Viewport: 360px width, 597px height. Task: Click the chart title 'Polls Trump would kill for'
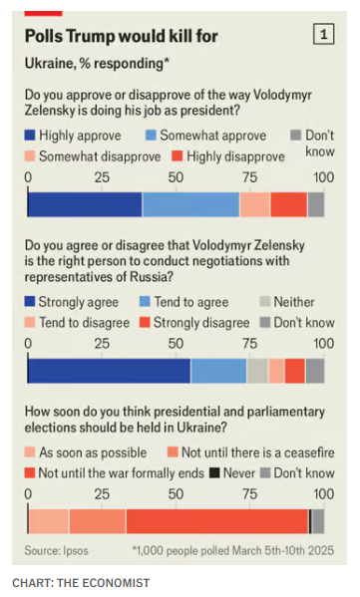(x=121, y=36)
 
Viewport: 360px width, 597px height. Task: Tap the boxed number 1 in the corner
(x=323, y=35)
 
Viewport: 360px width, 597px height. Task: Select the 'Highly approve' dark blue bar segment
(x=85, y=204)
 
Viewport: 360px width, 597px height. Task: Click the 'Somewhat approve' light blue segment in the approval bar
(x=190, y=204)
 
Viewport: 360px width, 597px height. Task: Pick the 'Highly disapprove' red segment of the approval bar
(x=289, y=204)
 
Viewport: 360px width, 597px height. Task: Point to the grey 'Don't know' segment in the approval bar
(x=316, y=204)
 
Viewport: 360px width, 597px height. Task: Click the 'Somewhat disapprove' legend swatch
(x=30, y=156)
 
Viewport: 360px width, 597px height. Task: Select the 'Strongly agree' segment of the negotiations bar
(x=109, y=371)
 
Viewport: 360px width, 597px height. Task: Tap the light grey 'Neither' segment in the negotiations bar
(x=257, y=371)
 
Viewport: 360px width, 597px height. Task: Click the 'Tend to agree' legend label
(x=191, y=302)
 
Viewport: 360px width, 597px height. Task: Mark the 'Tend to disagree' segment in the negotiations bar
(x=276, y=371)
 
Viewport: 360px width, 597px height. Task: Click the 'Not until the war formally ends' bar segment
(x=217, y=521)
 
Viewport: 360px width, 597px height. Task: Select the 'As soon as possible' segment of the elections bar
(x=48, y=521)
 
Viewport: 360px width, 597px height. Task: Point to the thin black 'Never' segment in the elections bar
(x=310, y=521)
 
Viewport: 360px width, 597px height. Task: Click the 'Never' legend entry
(x=232, y=473)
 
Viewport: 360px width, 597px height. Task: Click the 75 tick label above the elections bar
(x=249, y=494)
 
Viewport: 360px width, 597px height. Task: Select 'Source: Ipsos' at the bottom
(x=57, y=550)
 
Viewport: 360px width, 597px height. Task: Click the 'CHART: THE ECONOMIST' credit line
(x=81, y=583)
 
